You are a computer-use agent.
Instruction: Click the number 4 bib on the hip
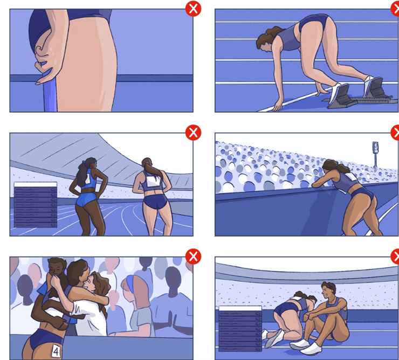click(56, 351)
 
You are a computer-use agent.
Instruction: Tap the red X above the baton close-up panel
click(193, 9)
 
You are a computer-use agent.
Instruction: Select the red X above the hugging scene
click(193, 257)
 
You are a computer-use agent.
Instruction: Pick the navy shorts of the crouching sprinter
click(313, 23)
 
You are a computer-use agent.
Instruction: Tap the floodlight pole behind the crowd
click(375, 154)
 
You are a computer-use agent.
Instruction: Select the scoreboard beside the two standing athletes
click(36, 204)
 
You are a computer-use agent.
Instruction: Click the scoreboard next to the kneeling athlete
click(240, 328)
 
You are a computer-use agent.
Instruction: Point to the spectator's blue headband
click(130, 283)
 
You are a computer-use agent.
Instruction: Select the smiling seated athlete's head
click(329, 289)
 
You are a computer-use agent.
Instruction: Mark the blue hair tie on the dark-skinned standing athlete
click(84, 162)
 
